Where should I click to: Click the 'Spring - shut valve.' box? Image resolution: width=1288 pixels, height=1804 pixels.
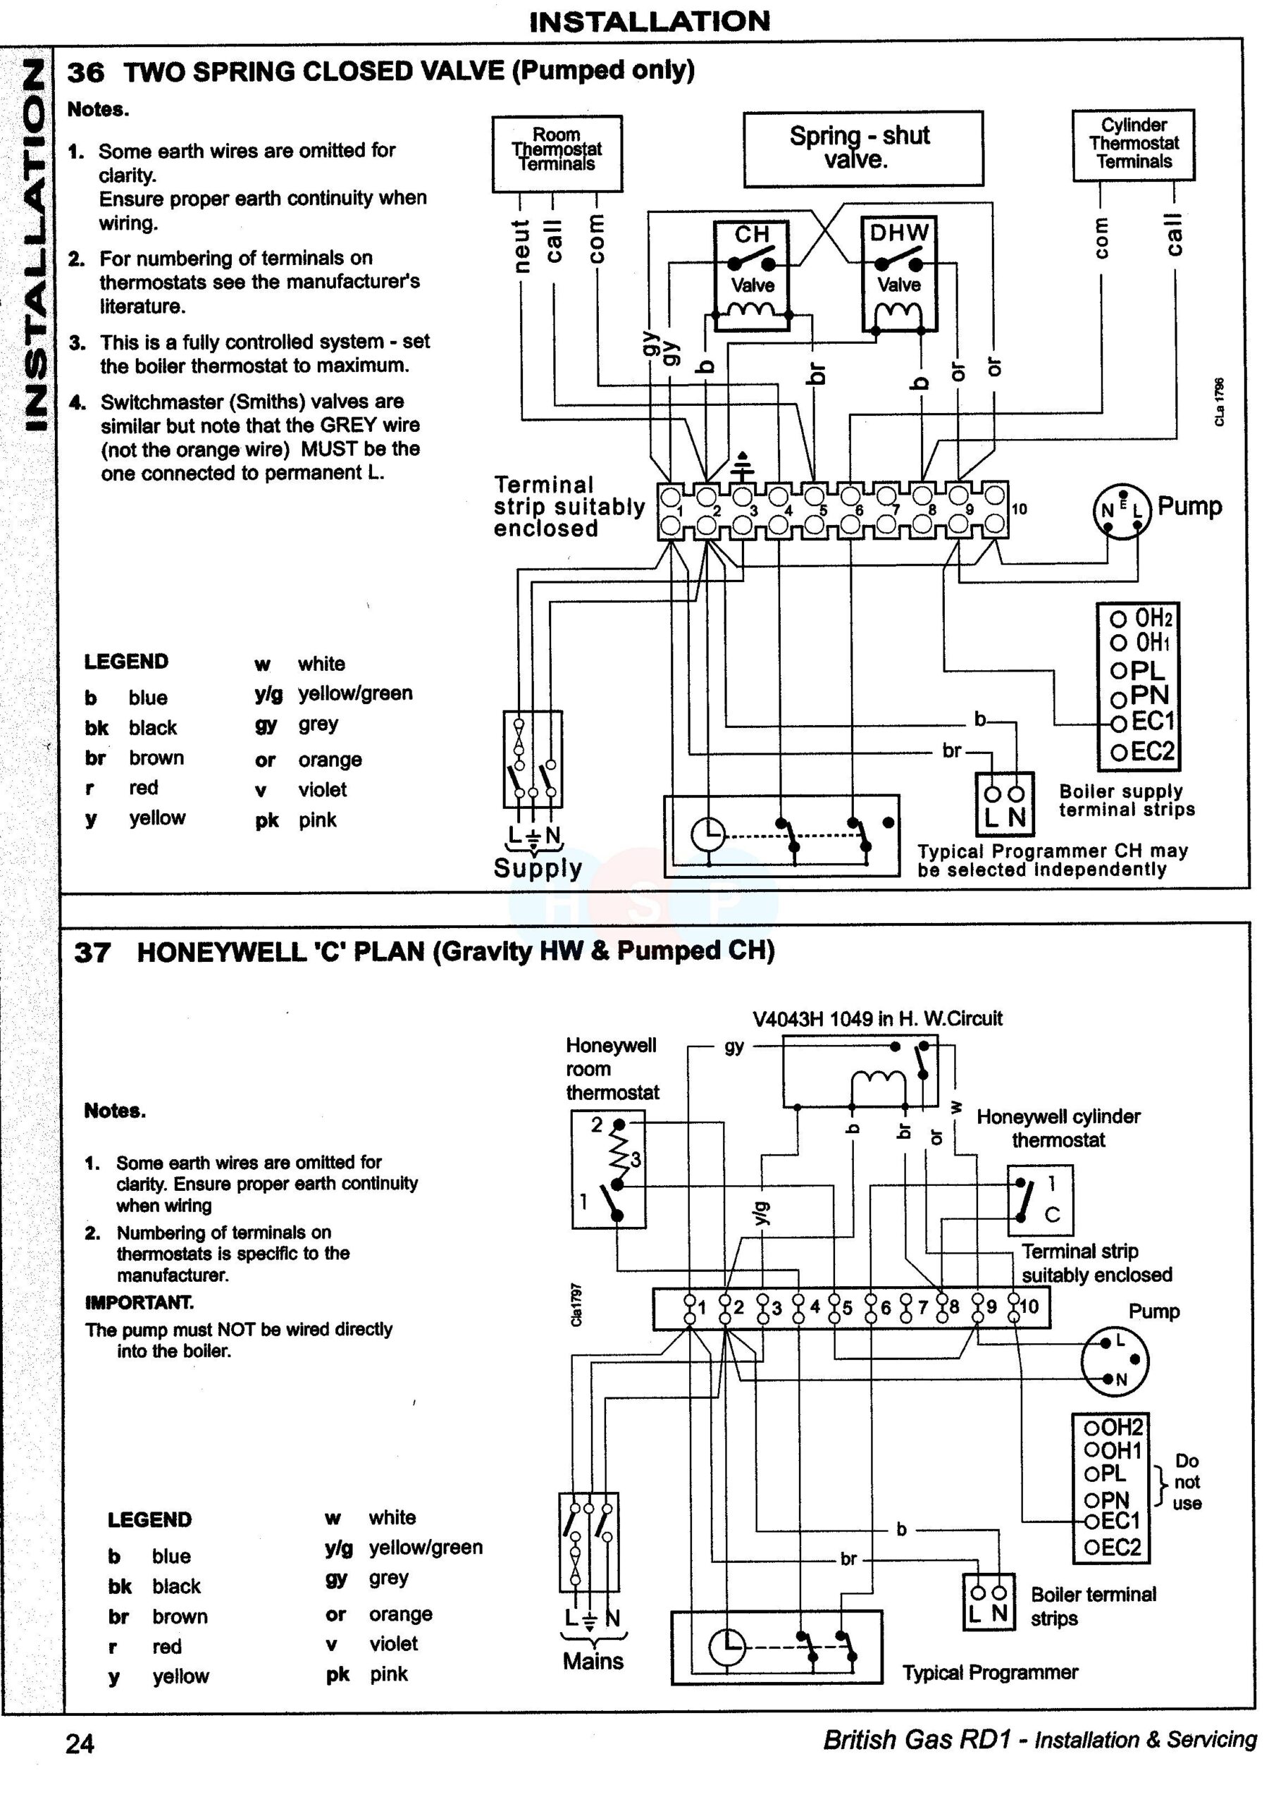862,148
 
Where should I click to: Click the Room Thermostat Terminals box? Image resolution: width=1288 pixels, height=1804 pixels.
557,152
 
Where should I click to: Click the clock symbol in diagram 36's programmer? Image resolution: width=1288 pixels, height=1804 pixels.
707,834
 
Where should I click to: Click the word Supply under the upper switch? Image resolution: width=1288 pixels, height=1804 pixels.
537,868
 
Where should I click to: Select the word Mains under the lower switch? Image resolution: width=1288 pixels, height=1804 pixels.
593,1660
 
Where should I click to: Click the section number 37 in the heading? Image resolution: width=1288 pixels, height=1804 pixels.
92,952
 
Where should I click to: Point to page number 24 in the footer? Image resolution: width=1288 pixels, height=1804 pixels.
80,1743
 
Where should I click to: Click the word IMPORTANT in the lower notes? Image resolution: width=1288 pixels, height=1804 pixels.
139,1303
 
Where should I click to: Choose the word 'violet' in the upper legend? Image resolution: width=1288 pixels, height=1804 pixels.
322,790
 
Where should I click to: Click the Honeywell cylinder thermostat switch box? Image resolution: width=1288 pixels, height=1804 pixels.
1040,1200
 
